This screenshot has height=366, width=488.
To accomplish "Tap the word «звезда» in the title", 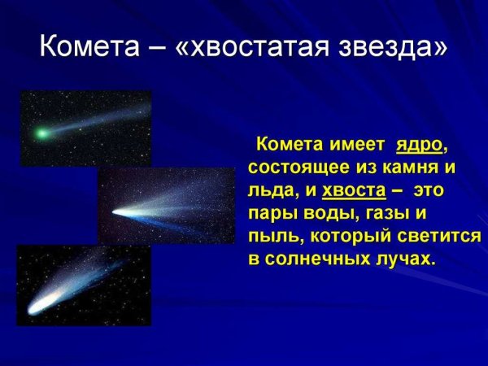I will [392, 46].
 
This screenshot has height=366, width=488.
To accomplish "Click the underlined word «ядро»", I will [420, 145].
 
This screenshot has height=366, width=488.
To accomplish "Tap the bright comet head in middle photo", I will [115, 213].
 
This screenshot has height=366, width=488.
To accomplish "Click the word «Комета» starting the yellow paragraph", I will [290, 145].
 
